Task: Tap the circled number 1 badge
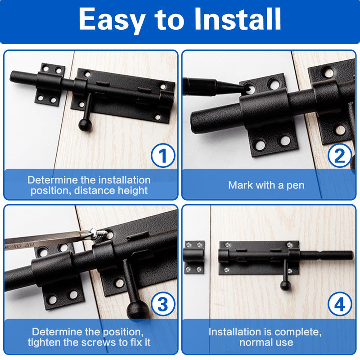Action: [163, 155]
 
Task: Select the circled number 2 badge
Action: [340, 155]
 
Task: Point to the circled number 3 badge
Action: [163, 304]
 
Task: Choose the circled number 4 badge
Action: [340, 304]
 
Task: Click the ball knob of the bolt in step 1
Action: [85, 125]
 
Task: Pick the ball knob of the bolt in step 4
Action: [285, 285]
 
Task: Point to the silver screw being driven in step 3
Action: [99, 234]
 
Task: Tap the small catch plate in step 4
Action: [194, 257]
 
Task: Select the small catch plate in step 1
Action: [49, 85]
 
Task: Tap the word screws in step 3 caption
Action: [99, 342]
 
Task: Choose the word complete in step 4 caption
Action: [298, 333]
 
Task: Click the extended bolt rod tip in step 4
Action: [351, 255]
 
